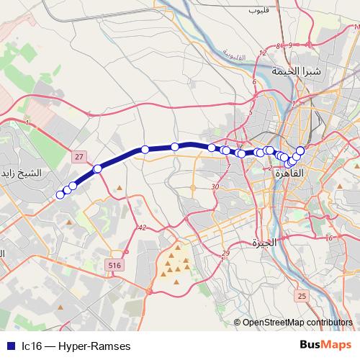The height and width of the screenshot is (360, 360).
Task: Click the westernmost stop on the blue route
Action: click(60, 194)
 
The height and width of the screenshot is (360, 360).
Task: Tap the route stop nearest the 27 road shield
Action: click(98, 169)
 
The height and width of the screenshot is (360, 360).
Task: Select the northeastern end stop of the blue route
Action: click(300, 150)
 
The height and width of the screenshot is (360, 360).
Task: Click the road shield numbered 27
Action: click(80, 156)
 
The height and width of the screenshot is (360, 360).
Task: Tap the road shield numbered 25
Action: click(302, 296)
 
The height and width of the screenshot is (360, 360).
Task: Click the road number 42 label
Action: click(141, 228)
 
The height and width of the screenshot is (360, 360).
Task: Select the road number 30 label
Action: click(215, 187)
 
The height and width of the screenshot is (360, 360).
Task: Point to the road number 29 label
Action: click(225, 253)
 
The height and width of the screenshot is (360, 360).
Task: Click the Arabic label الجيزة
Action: click(264, 243)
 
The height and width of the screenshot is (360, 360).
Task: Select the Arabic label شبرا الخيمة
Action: click(295, 71)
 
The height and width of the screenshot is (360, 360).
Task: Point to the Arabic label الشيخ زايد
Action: click(21, 174)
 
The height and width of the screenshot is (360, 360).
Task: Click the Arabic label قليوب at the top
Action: click(257, 11)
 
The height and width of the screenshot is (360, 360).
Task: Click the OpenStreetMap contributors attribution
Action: click(297, 323)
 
